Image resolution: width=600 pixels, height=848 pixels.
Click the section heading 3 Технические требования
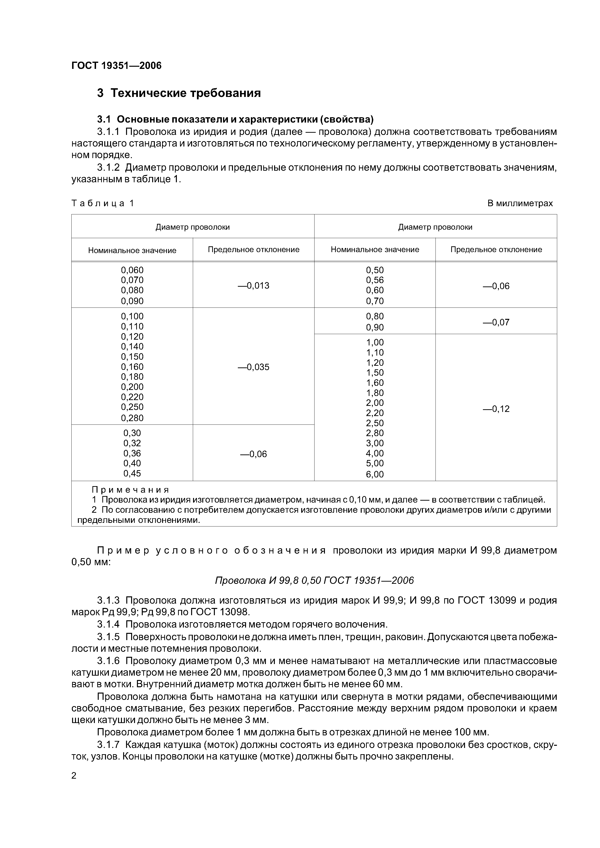(179, 93)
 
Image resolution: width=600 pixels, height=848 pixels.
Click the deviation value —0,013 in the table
(253, 285)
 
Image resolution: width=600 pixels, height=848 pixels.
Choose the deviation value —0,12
(496, 409)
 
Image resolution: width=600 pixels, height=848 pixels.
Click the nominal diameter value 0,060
(132, 270)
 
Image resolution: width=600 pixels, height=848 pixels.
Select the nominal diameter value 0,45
(132, 473)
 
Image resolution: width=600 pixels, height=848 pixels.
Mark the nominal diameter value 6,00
(375, 474)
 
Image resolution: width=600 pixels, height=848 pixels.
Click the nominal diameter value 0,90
(375, 327)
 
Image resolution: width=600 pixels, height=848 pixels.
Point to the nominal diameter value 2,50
(375, 423)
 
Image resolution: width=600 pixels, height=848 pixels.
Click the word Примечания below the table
(130, 490)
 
